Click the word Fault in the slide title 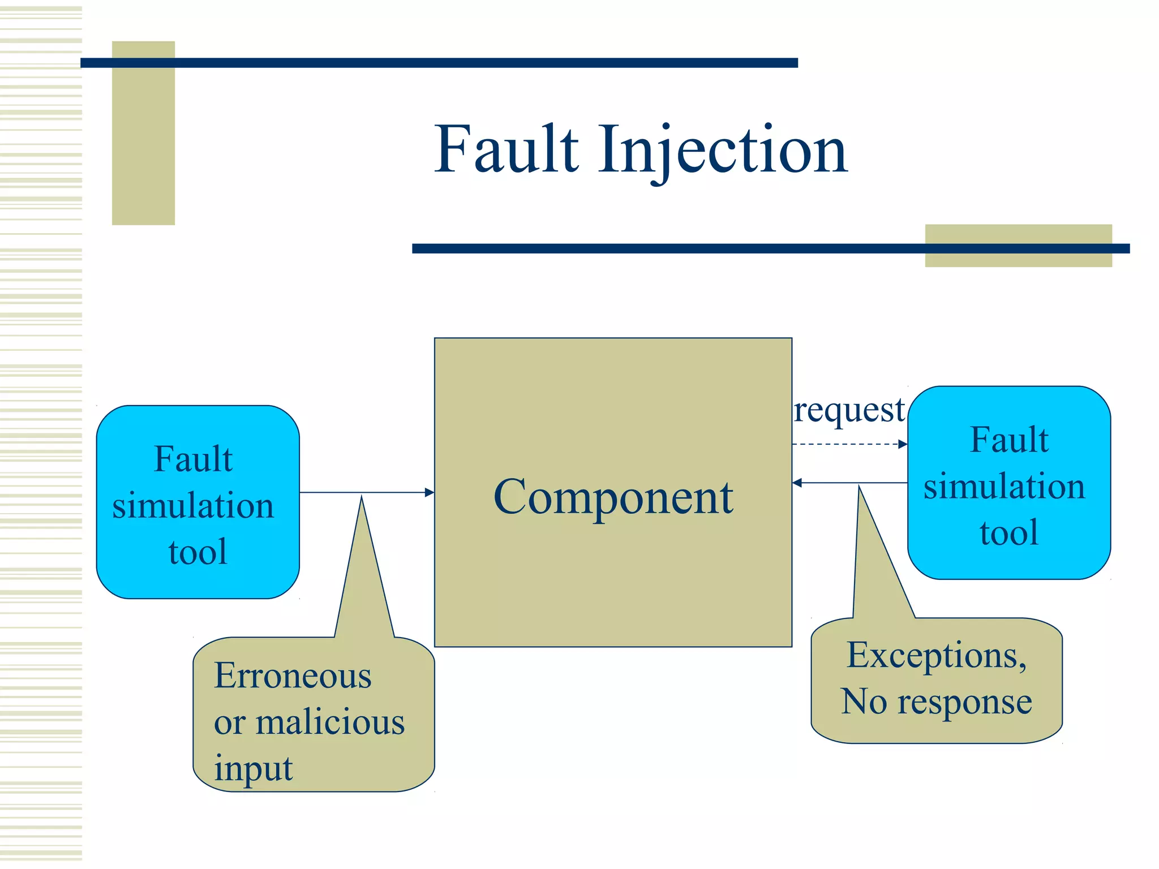point(506,149)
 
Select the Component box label point(613,497)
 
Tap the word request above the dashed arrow point(849,410)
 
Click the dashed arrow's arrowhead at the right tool point(903,444)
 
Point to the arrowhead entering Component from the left point(430,493)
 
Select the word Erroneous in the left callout point(293,676)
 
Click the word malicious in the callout point(330,722)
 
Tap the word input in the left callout point(253,768)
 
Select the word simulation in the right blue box point(1005,487)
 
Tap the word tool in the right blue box point(1009,532)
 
